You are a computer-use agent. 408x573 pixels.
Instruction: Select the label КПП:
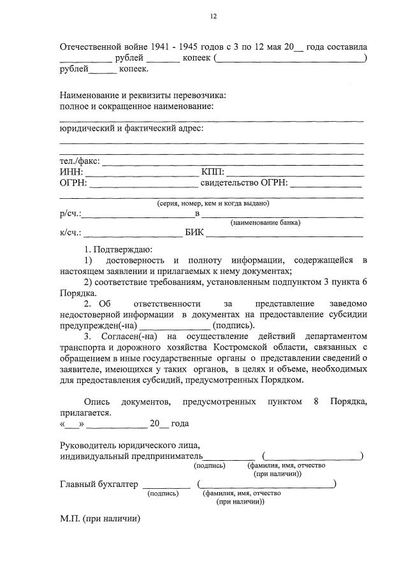pyautogui.click(x=212, y=172)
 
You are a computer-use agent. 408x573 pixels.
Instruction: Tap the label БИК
pyautogui.click(x=194, y=232)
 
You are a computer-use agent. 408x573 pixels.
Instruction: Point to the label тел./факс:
pyautogui.click(x=80, y=161)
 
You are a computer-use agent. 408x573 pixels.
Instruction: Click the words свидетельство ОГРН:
pyautogui.click(x=244, y=184)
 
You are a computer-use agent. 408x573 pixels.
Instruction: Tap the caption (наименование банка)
pyautogui.click(x=265, y=222)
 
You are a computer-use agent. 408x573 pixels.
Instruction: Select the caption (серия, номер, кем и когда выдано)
pyautogui.click(x=213, y=203)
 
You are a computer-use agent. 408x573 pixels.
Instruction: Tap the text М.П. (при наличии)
pyautogui.click(x=99, y=519)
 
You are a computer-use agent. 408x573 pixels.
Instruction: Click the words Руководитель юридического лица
pyautogui.click(x=129, y=444)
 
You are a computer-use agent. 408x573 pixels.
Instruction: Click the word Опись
pyautogui.click(x=97, y=402)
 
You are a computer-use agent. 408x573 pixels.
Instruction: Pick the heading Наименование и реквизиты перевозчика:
pyautogui.click(x=143, y=95)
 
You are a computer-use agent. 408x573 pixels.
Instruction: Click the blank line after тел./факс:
pyautogui.click(x=233, y=164)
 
